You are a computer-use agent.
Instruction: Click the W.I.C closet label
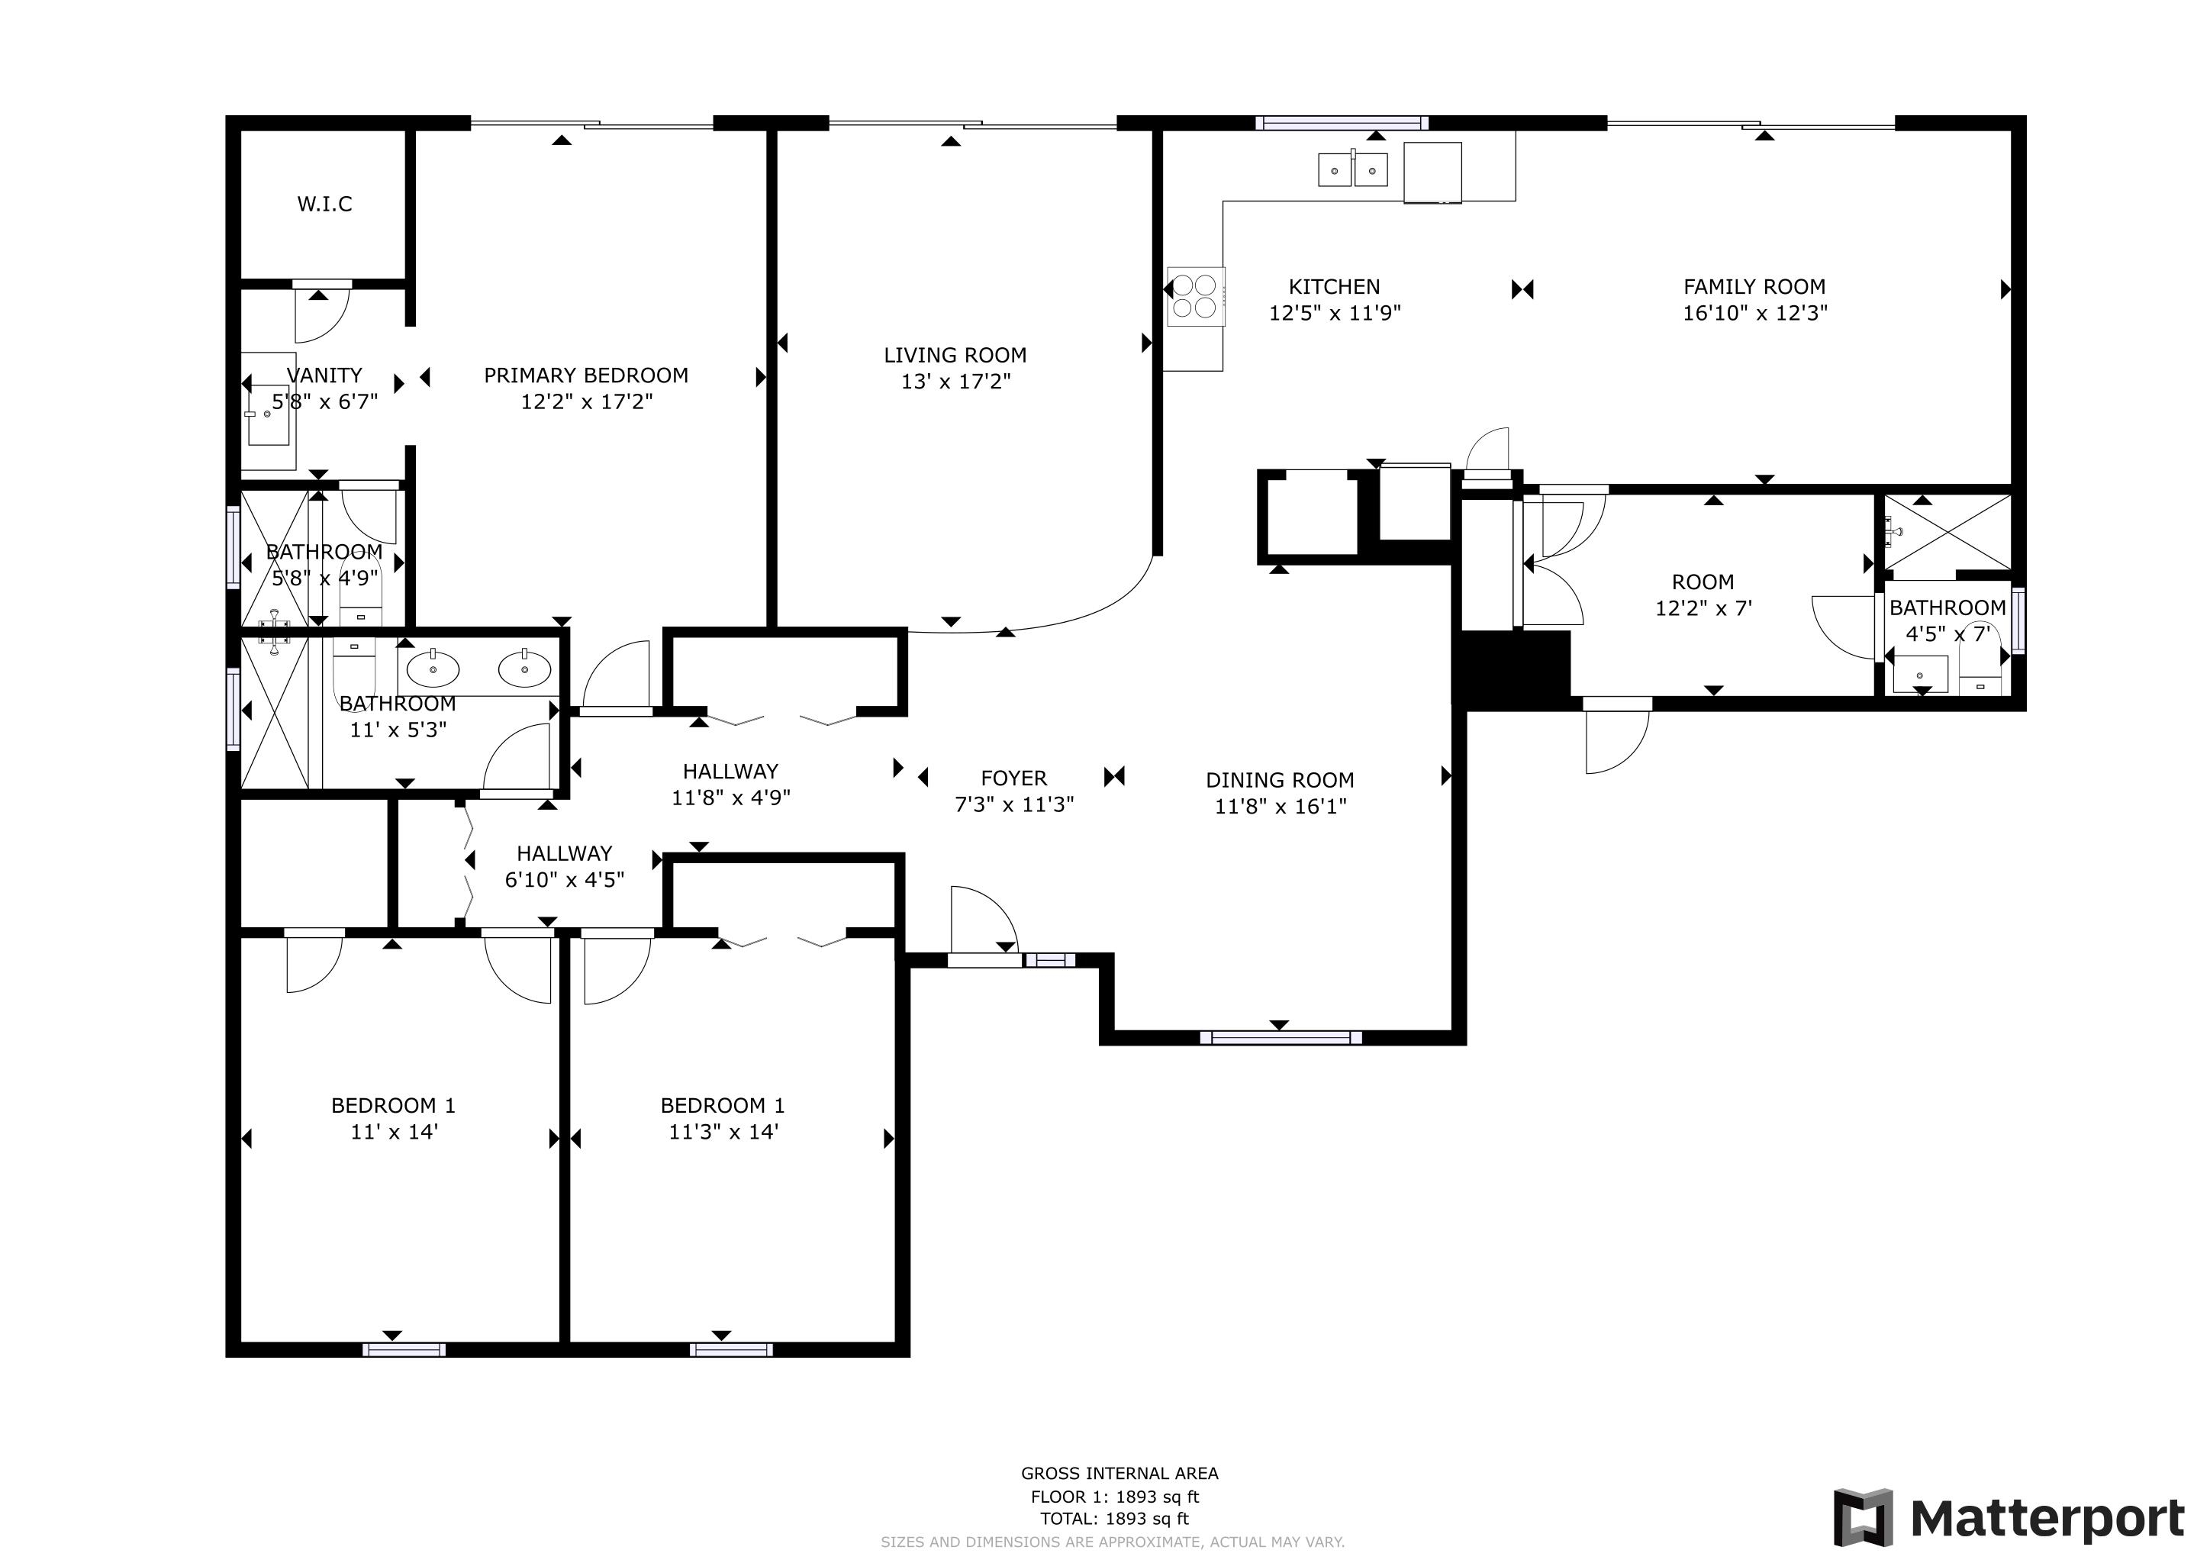[x=324, y=204]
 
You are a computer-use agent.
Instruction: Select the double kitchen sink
[x=1352, y=170]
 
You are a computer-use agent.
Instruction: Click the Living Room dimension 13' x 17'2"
[x=955, y=381]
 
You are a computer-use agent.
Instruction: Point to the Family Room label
[x=1754, y=287]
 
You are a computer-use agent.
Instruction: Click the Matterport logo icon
[x=1863, y=1518]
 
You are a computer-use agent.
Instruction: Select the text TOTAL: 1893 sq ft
[x=1113, y=1519]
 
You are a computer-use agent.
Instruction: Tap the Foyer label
[x=1013, y=778]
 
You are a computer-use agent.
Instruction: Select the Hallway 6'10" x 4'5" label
[x=564, y=854]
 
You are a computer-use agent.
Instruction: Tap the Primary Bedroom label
[x=585, y=375]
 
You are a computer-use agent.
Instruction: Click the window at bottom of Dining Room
[x=1281, y=1037]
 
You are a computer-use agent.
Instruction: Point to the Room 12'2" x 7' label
[x=1702, y=582]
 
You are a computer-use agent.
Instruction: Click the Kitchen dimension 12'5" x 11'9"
[x=1334, y=313]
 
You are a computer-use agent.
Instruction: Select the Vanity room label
[x=324, y=375]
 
